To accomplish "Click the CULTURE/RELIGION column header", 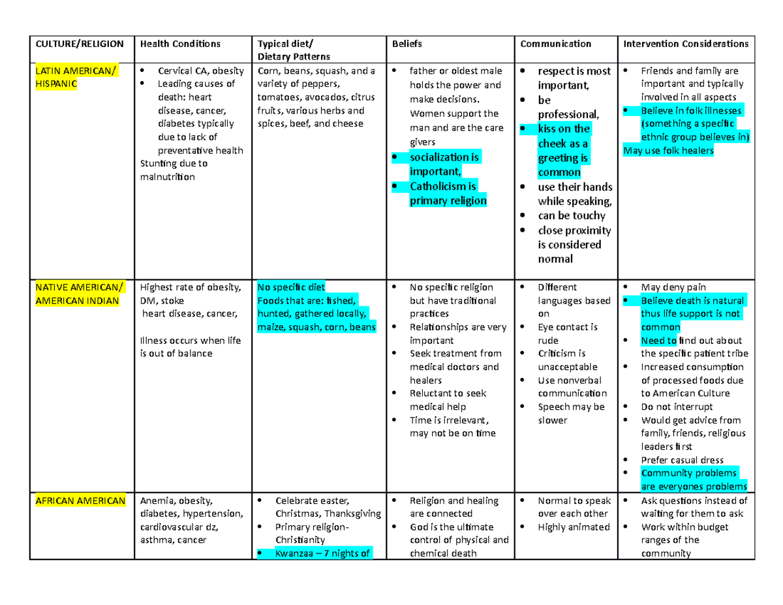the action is [79, 44].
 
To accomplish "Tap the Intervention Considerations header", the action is [686, 44].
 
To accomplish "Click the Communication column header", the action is [555, 44].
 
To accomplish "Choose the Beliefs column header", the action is [407, 44].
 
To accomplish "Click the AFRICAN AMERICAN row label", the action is [80, 501].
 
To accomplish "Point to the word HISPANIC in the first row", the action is [55, 84].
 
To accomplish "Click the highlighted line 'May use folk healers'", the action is [669, 151].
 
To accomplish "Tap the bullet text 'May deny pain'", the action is [673, 287].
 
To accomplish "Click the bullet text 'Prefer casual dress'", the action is [683, 460].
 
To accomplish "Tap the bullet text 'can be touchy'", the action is [572, 215].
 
